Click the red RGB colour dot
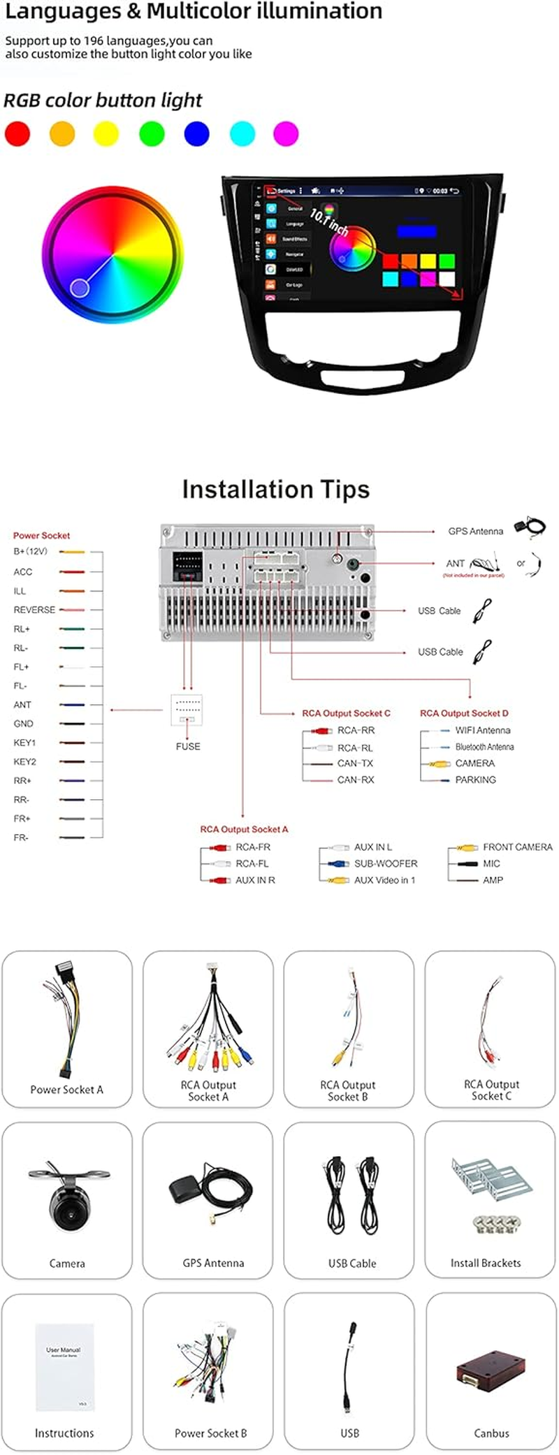point(17,133)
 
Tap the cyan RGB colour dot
point(242,133)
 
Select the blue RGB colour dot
point(196,133)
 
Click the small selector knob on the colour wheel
point(80,287)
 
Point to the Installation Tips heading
point(276,490)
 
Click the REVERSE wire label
point(34,610)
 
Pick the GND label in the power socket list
point(24,724)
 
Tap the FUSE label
point(188,746)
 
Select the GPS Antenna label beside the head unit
point(475,532)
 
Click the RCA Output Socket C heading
point(346,713)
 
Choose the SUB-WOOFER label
point(386,863)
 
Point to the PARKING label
point(475,780)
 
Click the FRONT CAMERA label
point(517,847)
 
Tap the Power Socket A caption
point(66,1090)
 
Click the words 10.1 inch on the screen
point(329,222)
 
